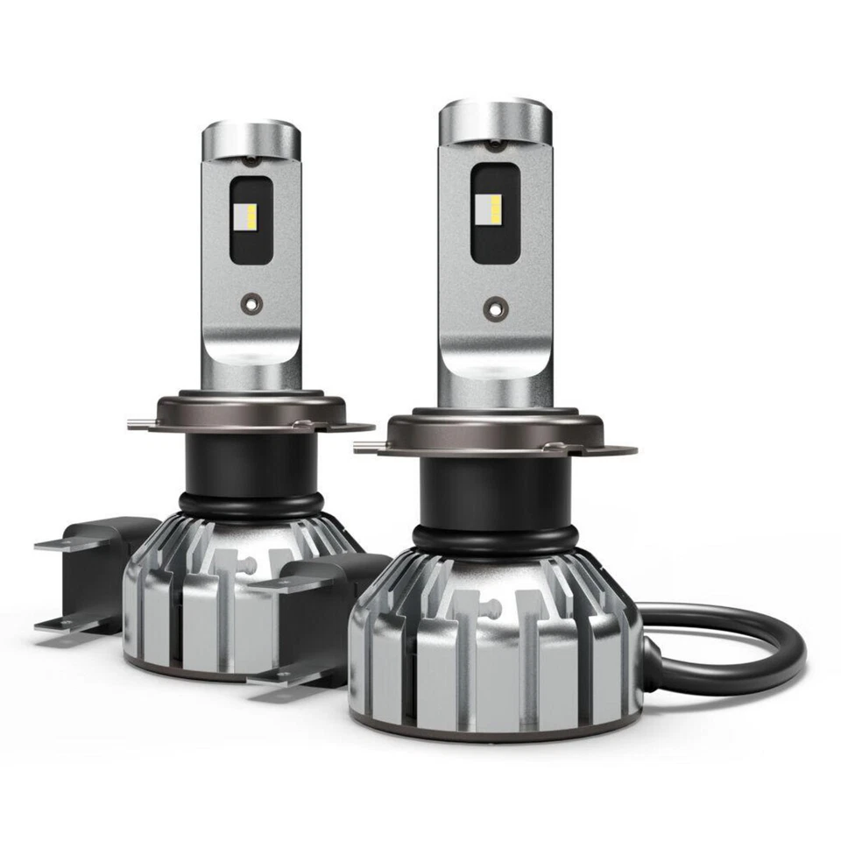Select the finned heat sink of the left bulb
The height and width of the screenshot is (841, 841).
tap(219, 596)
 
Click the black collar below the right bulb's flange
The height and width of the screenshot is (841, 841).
tap(496, 491)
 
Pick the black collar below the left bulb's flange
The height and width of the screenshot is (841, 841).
tap(250, 464)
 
